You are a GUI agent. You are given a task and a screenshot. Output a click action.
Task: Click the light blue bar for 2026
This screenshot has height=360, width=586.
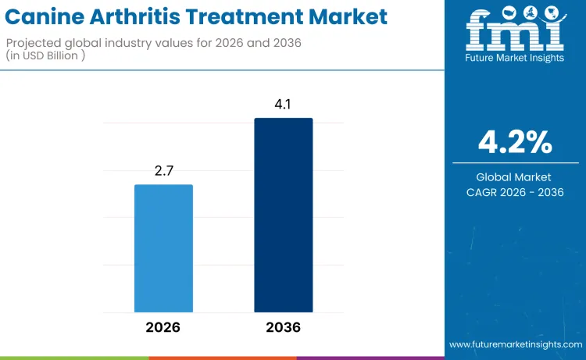[163, 248]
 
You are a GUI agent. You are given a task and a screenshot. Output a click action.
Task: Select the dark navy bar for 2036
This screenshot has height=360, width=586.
[283, 216]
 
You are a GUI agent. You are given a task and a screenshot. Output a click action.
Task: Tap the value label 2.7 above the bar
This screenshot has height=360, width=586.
[163, 169]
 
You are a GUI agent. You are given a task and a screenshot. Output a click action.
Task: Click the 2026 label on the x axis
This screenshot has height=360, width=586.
[163, 327]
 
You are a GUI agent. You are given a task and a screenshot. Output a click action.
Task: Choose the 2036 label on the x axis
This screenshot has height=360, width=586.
[283, 327]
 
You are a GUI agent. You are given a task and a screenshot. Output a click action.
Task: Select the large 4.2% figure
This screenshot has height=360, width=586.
[516, 142]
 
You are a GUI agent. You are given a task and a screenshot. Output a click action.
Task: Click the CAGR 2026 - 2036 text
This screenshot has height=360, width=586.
[516, 192]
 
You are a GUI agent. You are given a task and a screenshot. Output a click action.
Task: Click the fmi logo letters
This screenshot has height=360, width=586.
[515, 34]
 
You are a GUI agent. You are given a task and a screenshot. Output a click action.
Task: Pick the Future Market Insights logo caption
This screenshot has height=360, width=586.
[515, 58]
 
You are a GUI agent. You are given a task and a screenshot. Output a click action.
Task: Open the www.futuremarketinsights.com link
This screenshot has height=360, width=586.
[516, 344]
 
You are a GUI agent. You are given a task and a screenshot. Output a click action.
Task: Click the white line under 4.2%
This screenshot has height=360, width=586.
[516, 162]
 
